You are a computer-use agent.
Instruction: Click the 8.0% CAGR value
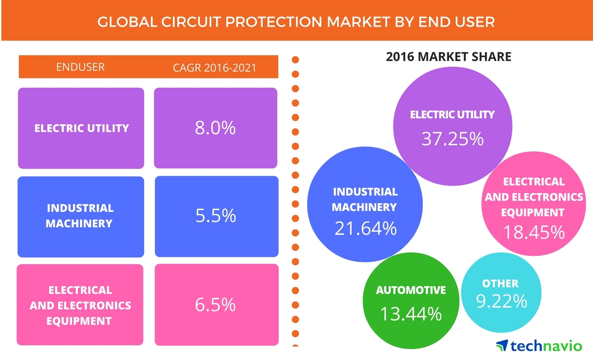pos(215,128)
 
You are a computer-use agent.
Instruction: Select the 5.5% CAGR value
pos(215,216)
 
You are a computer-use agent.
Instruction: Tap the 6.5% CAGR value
pos(215,304)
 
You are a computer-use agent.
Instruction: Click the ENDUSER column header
pos(80,67)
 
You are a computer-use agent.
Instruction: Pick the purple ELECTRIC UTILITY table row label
pos(82,128)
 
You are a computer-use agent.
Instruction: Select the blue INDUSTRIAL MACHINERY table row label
pos(80,216)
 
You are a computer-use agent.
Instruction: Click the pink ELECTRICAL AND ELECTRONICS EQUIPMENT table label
pos(80,305)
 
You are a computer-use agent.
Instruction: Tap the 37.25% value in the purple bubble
pos(452,139)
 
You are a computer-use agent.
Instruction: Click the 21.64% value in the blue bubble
pos(365,228)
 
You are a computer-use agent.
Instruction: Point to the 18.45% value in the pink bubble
pos(534,232)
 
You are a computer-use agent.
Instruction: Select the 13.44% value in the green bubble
pos(411,314)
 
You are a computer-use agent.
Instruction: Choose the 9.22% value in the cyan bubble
pos(501,301)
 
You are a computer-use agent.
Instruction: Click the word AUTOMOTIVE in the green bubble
pos(411,290)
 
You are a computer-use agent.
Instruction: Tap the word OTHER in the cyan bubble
pos(500,283)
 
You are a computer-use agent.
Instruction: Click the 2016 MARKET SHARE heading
pos(448,57)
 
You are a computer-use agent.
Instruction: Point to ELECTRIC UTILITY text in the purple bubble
pos(452,115)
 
